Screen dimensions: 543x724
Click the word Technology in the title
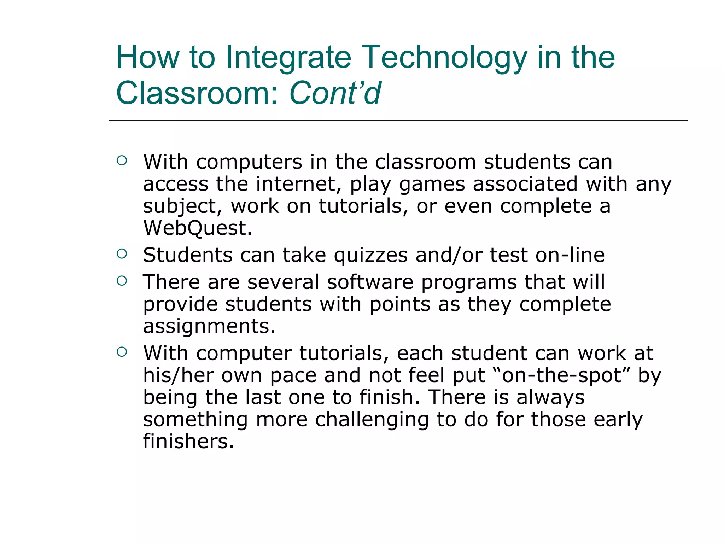(x=444, y=57)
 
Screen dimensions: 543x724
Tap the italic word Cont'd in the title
(x=335, y=93)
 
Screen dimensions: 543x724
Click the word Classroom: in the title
(x=198, y=93)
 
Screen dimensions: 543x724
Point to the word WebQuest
(x=197, y=228)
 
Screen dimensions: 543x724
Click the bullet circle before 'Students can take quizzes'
(x=122, y=253)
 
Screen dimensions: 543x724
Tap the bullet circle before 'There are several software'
(x=122, y=281)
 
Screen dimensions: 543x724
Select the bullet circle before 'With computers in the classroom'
(x=122, y=160)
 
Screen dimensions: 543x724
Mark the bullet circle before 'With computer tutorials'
(x=122, y=352)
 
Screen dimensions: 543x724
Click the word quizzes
(x=370, y=255)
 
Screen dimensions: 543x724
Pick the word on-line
(x=570, y=255)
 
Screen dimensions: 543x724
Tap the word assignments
(x=209, y=326)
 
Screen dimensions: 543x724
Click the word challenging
(x=372, y=420)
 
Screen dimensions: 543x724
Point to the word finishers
(x=188, y=442)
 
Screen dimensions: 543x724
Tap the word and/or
(x=448, y=255)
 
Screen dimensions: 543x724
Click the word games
(x=432, y=185)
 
